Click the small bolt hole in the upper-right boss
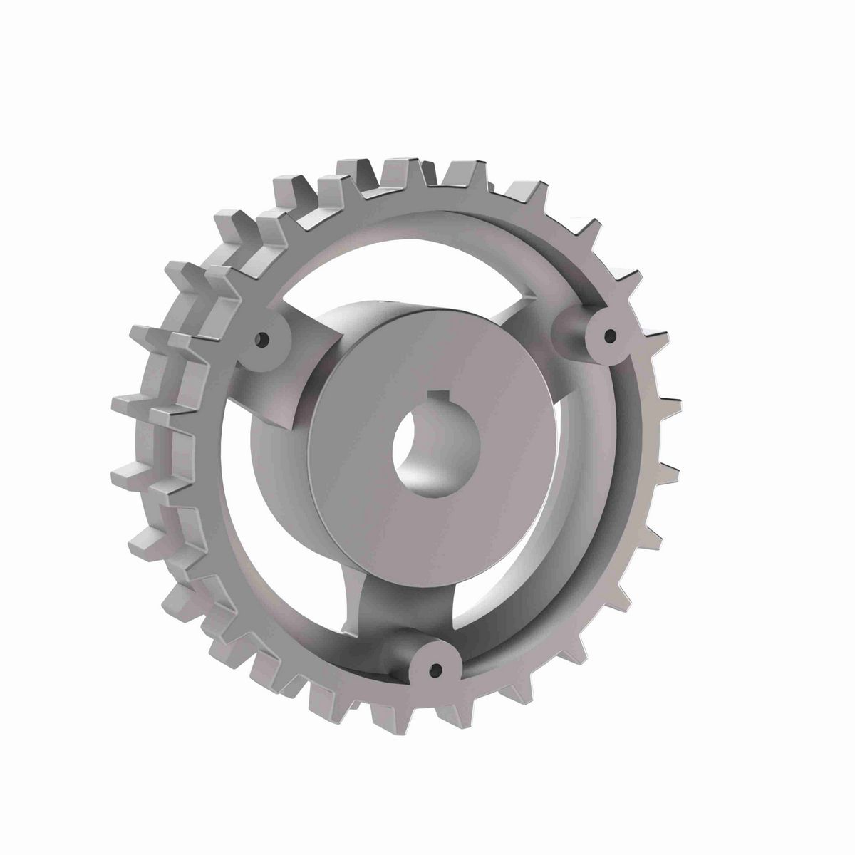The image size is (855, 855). (x=610, y=333)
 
